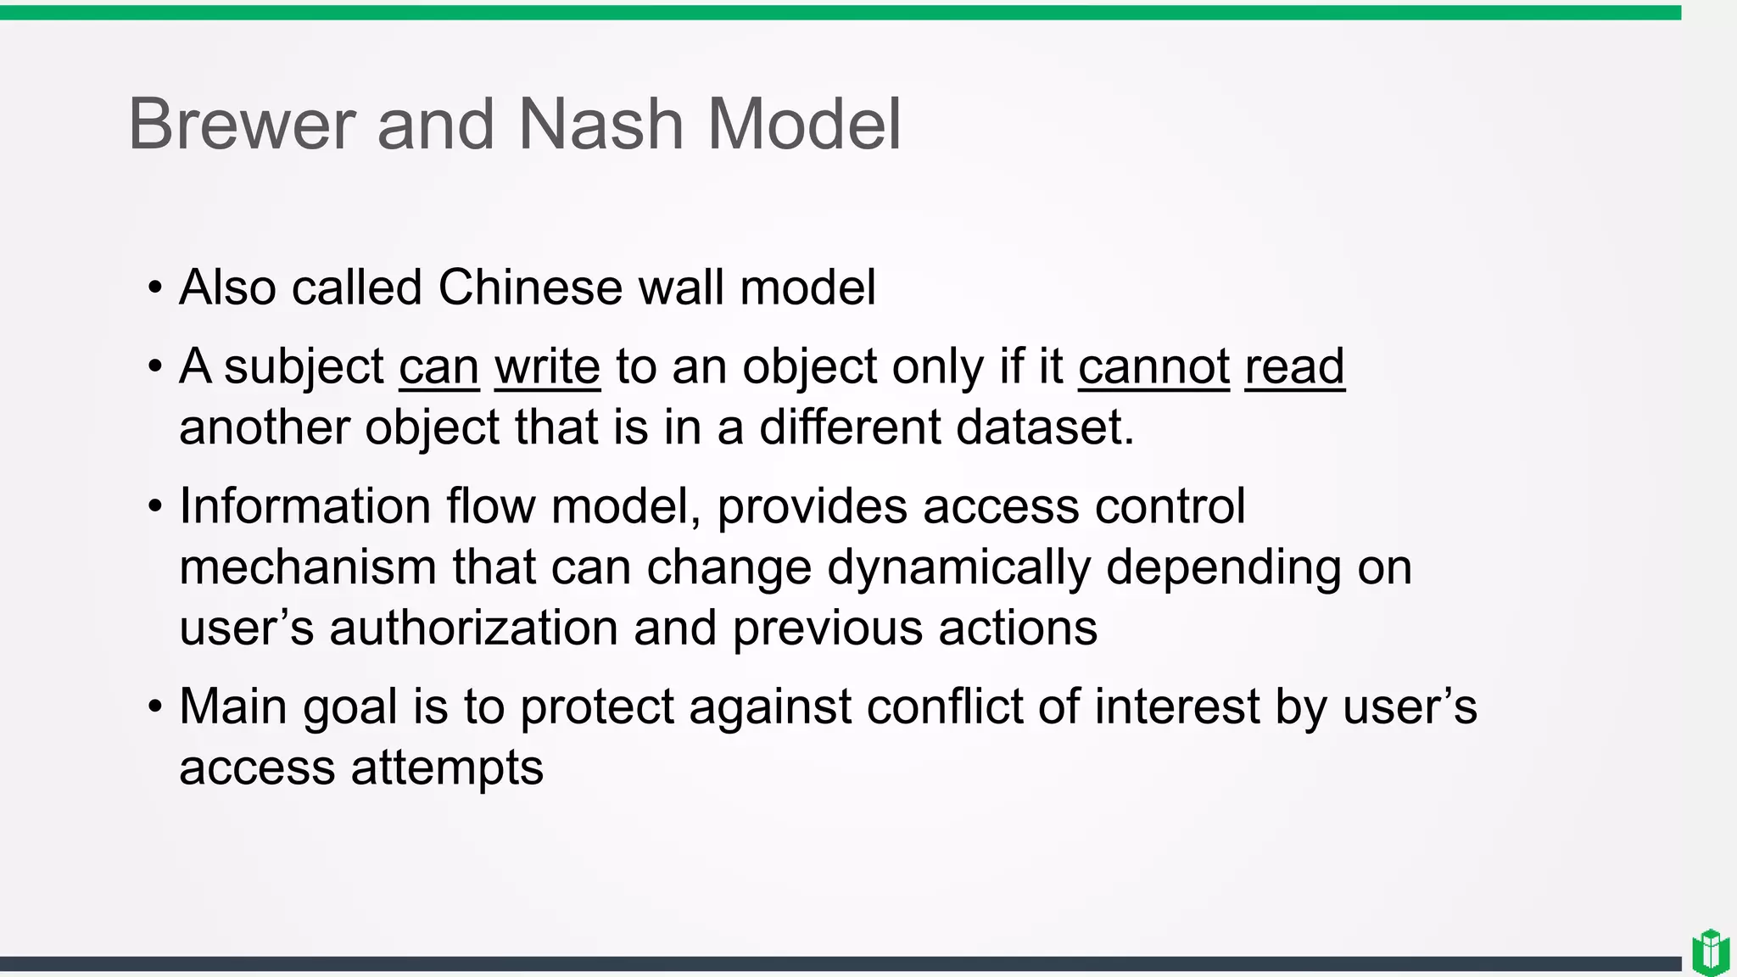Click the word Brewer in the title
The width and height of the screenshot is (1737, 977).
coord(241,125)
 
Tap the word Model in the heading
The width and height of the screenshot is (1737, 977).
coord(803,125)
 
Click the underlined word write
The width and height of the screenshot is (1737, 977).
coord(547,367)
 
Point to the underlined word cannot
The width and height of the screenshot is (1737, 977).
coord(1153,367)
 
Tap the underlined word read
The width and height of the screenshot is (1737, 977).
coord(1294,367)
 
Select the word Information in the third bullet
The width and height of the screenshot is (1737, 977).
coord(305,507)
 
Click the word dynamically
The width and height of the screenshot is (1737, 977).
coord(958,567)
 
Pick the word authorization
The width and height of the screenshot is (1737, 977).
coord(473,628)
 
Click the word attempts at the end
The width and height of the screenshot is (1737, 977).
coord(447,768)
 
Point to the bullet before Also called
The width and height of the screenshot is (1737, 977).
coord(154,288)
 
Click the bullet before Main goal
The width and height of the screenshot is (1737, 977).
coord(154,707)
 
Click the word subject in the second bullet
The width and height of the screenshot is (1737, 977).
coord(304,367)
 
